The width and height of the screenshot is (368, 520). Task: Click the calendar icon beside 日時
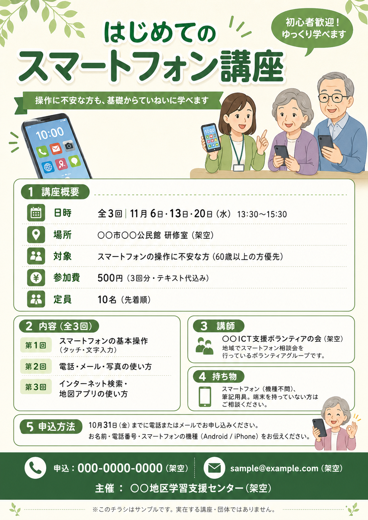click(x=36, y=213)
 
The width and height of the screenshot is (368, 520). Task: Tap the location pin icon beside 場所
click(x=36, y=234)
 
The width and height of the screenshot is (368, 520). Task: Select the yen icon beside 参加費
click(x=36, y=278)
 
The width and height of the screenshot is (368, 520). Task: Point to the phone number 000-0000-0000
click(x=120, y=468)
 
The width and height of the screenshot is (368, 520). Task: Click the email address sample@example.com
click(x=274, y=468)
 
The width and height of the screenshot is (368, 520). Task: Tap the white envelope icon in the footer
click(x=214, y=468)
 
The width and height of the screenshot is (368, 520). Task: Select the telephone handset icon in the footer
click(x=35, y=468)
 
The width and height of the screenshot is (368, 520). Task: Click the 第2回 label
click(x=36, y=366)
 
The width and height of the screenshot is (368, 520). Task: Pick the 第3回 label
click(x=36, y=387)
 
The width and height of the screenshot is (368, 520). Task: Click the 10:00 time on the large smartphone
click(x=50, y=133)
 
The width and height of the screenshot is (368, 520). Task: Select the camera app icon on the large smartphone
click(x=69, y=145)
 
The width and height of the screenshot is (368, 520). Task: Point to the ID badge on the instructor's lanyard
click(x=239, y=168)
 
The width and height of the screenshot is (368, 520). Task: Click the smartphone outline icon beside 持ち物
click(x=205, y=396)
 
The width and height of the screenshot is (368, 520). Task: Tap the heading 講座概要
click(x=60, y=192)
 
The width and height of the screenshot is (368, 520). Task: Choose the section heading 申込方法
click(x=57, y=427)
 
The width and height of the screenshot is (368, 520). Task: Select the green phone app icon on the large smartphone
click(x=43, y=152)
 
